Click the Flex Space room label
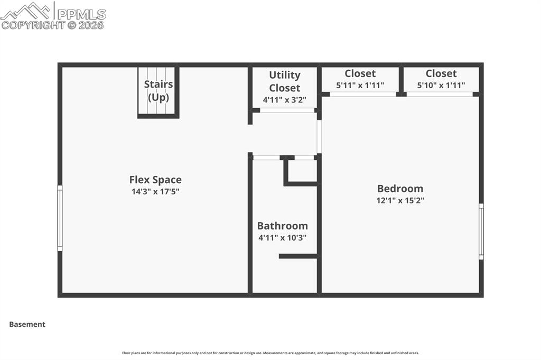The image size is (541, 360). (x=155, y=180)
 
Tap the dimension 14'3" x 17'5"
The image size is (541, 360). (x=155, y=192)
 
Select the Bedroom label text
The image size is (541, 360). (x=400, y=188)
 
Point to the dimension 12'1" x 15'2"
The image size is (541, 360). (x=400, y=201)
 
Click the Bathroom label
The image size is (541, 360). (x=282, y=226)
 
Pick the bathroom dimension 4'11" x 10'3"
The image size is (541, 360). (x=282, y=238)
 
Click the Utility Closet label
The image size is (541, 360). (x=284, y=81)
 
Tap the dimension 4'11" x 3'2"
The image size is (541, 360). (x=284, y=100)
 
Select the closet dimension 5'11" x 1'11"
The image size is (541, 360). (x=360, y=85)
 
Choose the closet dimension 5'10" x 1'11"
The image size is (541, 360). (x=441, y=85)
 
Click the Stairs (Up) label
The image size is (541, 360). (x=158, y=91)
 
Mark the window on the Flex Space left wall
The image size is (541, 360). (x=60, y=218)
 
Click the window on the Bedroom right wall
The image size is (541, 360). (x=481, y=231)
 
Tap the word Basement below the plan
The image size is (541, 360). (x=27, y=325)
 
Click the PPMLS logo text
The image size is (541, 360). (x=80, y=14)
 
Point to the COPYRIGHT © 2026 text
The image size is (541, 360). (x=53, y=25)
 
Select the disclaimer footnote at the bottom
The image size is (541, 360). (x=270, y=353)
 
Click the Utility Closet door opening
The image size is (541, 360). (x=287, y=110)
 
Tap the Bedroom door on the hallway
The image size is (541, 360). (x=319, y=136)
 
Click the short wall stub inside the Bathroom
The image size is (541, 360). (x=298, y=256)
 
